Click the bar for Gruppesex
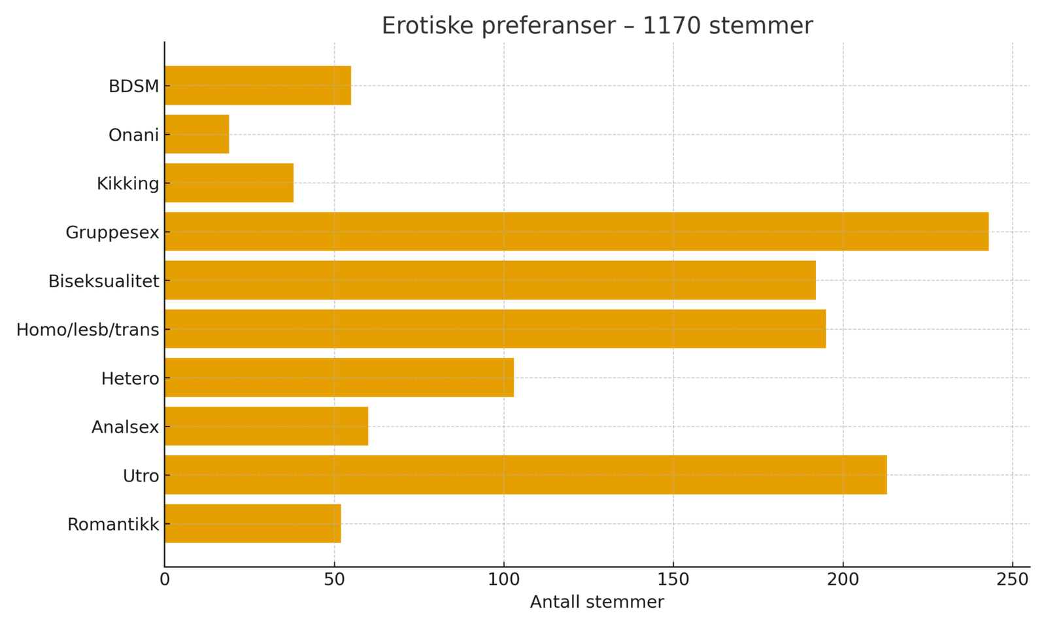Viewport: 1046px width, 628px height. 576,232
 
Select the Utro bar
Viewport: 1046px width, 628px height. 526,475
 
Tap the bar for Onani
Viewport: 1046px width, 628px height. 197,134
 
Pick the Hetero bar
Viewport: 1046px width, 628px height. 339,377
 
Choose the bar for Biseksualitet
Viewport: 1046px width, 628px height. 490,280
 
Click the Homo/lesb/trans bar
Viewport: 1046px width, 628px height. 495,329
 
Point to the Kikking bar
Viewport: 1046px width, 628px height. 229,183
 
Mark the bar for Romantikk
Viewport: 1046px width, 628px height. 253,523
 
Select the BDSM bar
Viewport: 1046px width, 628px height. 258,85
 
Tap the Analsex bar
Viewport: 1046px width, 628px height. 266,426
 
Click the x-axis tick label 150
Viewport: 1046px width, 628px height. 673,580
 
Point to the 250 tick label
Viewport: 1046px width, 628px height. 1013,580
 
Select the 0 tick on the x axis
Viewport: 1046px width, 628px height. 165,580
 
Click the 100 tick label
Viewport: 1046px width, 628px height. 504,580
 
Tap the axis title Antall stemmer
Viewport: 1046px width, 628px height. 596,602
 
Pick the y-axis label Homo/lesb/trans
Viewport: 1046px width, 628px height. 88,330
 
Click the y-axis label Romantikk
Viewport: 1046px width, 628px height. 113,525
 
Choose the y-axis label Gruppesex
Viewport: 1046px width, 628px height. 112,232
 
